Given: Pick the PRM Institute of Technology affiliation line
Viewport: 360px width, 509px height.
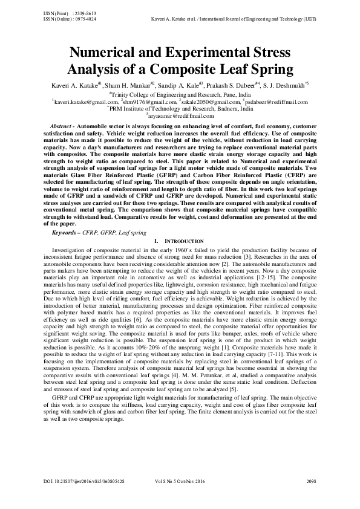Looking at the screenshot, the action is point(180,109).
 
